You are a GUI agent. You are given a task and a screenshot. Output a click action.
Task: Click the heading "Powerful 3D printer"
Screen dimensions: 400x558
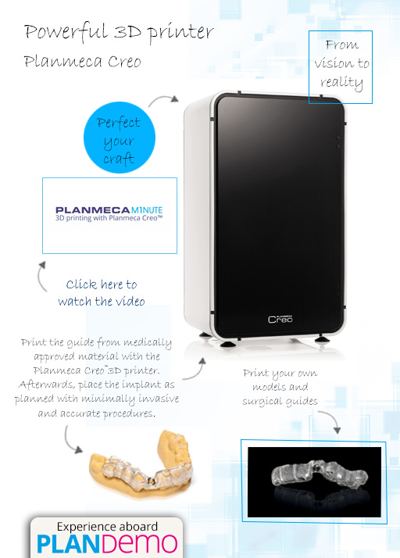click(x=119, y=33)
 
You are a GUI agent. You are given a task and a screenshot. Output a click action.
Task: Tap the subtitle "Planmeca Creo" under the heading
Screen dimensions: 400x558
click(x=82, y=61)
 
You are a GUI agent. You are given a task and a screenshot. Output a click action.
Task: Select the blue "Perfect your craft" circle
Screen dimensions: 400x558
click(x=120, y=138)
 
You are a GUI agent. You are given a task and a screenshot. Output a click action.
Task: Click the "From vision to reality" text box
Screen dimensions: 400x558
click(x=341, y=67)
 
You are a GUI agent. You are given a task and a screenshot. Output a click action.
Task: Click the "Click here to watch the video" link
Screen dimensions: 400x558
click(x=102, y=293)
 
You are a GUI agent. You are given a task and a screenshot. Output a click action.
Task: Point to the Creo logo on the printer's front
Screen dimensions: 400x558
click(x=280, y=319)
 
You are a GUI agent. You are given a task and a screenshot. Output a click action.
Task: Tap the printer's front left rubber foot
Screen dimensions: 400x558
click(x=227, y=344)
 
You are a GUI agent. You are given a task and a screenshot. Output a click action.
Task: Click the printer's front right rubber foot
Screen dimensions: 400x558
click(x=322, y=339)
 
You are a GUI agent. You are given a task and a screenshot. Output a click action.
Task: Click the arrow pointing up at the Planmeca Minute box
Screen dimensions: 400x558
click(x=41, y=276)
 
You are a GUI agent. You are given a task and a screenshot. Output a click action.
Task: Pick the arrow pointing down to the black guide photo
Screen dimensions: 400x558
click(x=331, y=419)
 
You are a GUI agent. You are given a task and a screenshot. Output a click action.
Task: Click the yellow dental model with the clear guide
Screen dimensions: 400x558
click(x=141, y=463)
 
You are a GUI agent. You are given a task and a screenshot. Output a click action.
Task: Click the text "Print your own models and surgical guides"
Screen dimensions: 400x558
click(x=280, y=387)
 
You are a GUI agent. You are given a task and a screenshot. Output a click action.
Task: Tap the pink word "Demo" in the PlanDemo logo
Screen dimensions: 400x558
click(x=142, y=543)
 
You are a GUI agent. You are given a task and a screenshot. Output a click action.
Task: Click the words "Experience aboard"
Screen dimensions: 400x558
click(x=107, y=527)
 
